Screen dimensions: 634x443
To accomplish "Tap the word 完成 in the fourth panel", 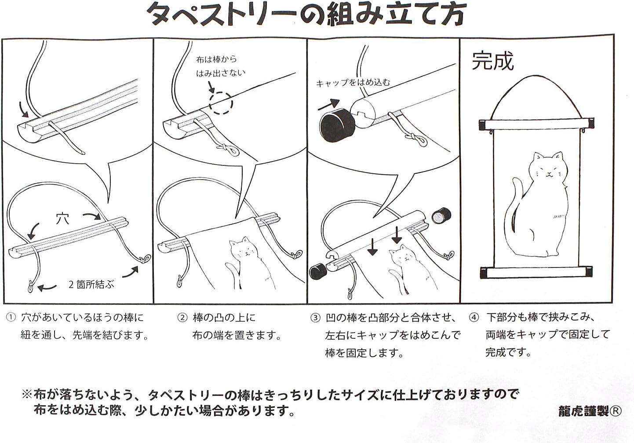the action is coord(492,61).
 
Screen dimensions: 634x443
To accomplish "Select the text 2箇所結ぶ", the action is coord(91,285).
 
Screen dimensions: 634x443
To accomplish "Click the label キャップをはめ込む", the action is coord(353,83).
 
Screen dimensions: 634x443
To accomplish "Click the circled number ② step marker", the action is coord(182,318).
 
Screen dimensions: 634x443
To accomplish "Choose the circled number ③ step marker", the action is coord(315,318).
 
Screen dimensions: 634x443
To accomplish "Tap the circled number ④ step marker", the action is coord(474,318).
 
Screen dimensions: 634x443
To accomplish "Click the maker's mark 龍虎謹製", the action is coord(583,411).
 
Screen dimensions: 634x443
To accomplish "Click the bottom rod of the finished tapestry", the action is coord(536,272).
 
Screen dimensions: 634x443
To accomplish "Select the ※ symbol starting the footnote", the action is coord(27,394).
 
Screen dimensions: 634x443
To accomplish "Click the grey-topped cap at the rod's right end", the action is coord(441,216).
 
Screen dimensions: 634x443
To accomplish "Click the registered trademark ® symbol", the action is coord(616,411).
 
